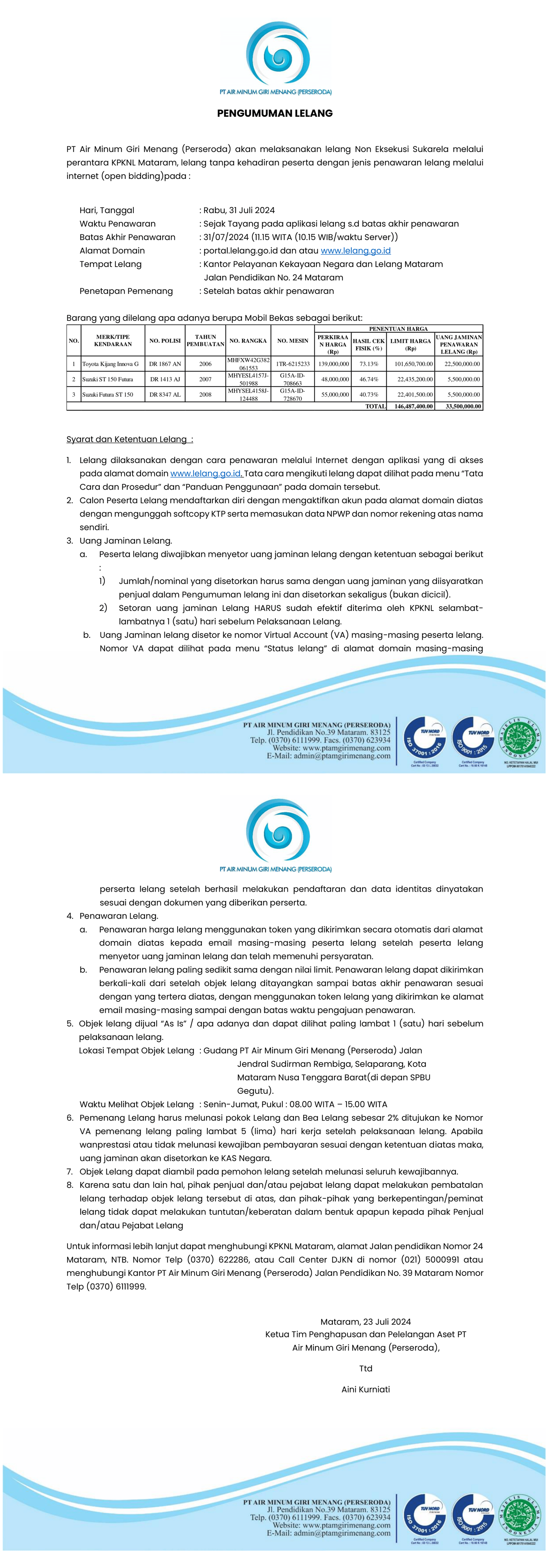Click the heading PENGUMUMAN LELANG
[275, 113]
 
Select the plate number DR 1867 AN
[165, 364]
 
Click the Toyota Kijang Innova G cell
[110, 364]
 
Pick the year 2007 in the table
[205, 379]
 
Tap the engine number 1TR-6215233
[293, 364]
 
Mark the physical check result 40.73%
[368, 394]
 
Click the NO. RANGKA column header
[248, 340]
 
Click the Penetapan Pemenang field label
[126, 291]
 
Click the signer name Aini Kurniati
[365, 1389]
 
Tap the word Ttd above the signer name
[365, 1368]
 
